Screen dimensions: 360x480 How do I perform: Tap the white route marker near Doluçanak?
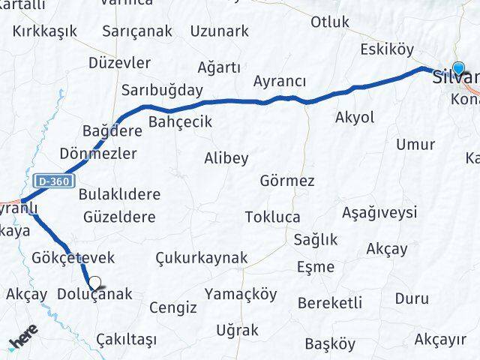(x=95, y=283)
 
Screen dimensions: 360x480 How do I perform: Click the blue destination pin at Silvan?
(x=459, y=69)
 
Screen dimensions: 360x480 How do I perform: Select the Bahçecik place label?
(x=181, y=121)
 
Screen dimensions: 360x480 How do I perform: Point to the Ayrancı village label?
(x=279, y=81)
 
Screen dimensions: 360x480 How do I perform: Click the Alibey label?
(x=226, y=157)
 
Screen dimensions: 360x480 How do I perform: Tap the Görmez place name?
(x=287, y=181)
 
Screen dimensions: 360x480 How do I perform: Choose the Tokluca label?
(x=272, y=217)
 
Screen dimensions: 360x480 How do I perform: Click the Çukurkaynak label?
(x=201, y=257)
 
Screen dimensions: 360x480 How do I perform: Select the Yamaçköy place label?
(x=240, y=292)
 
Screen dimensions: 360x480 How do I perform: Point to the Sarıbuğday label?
(x=163, y=90)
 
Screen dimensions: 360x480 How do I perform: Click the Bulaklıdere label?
(x=119, y=194)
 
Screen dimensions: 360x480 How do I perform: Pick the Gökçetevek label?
(x=73, y=257)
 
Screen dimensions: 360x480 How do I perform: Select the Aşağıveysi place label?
(x=379, y=212)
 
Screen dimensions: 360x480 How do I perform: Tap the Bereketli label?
(x=330, y=303)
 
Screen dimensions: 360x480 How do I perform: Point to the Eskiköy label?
(x=387, y=50)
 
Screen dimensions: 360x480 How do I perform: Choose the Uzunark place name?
(x=219, y=31)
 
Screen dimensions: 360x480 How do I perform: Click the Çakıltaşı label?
(x=127, y=340)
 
